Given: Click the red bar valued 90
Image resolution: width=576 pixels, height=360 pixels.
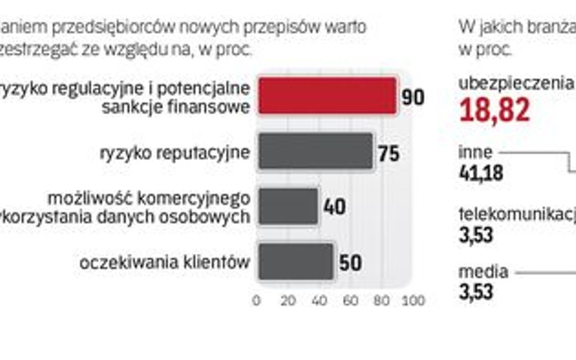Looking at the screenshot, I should [327, 96].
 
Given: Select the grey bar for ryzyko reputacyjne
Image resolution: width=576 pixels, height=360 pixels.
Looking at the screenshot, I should [315, 151].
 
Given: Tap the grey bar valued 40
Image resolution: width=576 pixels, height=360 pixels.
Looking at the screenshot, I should [288, 206].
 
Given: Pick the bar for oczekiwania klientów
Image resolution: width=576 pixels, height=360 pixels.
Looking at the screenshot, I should [296, 262].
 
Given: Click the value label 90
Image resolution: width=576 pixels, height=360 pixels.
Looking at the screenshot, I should [413, 98].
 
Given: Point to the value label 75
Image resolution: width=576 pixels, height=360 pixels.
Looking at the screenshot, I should [389, 153].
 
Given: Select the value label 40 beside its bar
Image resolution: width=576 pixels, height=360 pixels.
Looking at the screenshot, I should [335, 208].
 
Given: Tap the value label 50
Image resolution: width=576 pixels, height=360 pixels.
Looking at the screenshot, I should [350, 263].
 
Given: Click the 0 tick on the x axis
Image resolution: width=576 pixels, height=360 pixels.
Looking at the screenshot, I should [256, 299].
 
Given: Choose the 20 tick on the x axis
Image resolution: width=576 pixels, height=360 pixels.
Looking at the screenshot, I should [288, 299].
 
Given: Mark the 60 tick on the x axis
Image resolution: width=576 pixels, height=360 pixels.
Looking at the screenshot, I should [351, 299].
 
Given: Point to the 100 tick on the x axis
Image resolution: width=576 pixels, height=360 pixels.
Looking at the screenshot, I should [414, 299].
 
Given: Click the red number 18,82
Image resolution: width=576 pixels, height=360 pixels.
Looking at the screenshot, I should [495, 110].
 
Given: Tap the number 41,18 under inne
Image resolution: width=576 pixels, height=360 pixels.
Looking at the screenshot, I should [481, 173].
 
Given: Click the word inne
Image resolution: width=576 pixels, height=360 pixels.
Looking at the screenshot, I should [476, 152].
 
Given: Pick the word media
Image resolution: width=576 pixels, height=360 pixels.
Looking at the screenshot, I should [483, 272].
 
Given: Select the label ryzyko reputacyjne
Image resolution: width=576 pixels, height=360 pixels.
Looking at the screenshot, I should [174, 152].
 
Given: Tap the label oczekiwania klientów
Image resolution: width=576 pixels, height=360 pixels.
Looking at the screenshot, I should [165, 263].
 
